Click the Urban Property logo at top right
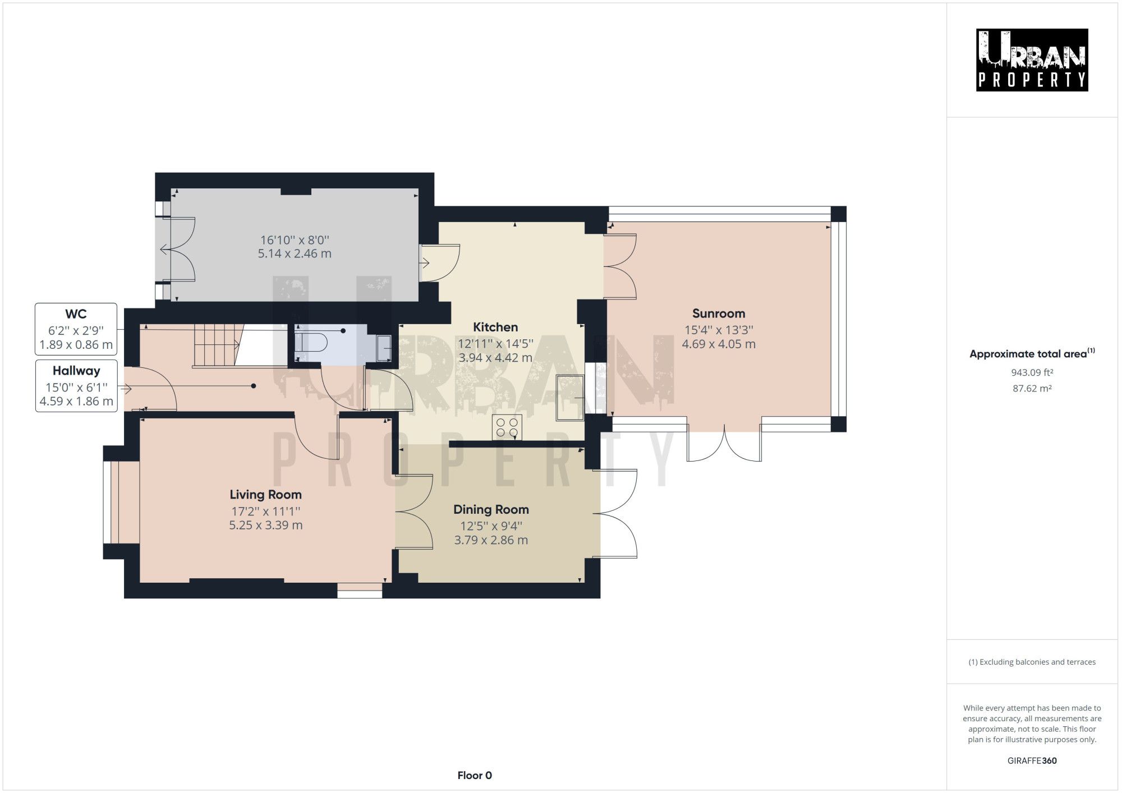pyautogui.click(x=1032, y=60)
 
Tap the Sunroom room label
pyautogui.click(x=718, y=313)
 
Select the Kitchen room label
pyautogui.click(x=495, y=327)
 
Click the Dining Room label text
pyautogui.click(x=491, y=509)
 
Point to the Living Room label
pyautogui.click(x=265, y=495)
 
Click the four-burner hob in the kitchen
pyautogui.click(x=507, y=428)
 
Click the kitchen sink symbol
pyautogui.click(x=569, y=398)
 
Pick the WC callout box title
pyautogui.click(x=76, y=314)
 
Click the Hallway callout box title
pyautogui.click(x=76, y=371)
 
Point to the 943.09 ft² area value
pyautogui.click(x=1032, y=372)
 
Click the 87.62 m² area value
pyautogui.click(x=1032, y=388)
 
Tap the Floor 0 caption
pyautogui.click(x=475, y=775)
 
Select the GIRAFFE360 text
pyautogui.click(x=1032, y=760)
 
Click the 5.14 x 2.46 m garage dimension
pyautogui.click(x=295, y=253)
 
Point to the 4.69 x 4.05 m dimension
pyautogui.click(x=718, y=344)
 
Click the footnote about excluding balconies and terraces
pyautogui.click(x=1032, y=662)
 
